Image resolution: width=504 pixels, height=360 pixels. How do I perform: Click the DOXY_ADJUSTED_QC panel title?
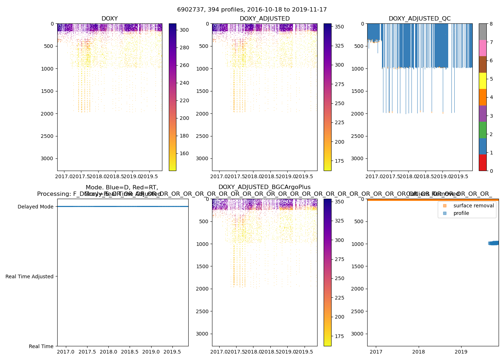point(419,19)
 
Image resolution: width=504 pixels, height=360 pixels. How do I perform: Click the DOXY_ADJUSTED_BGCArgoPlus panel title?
point(264,187)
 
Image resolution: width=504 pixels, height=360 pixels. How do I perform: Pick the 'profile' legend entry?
point(461,213)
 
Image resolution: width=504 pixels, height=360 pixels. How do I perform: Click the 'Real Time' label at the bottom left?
point(41,346)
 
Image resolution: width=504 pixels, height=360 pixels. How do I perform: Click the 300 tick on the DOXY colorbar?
point(184,30)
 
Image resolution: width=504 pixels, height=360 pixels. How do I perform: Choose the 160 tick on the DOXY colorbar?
point(184,153)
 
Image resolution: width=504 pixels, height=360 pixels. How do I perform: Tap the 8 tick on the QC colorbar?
point(491,24)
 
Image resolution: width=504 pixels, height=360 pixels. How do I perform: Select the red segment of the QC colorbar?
point(482,162)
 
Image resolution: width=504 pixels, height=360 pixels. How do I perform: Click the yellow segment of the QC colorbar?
point(482,81)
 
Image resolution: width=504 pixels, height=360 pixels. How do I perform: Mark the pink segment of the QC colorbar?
point(482,48)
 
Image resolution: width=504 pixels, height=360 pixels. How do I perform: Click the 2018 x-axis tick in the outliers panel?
point(419,352)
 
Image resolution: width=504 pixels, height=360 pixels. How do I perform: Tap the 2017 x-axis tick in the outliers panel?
point(376,352)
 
